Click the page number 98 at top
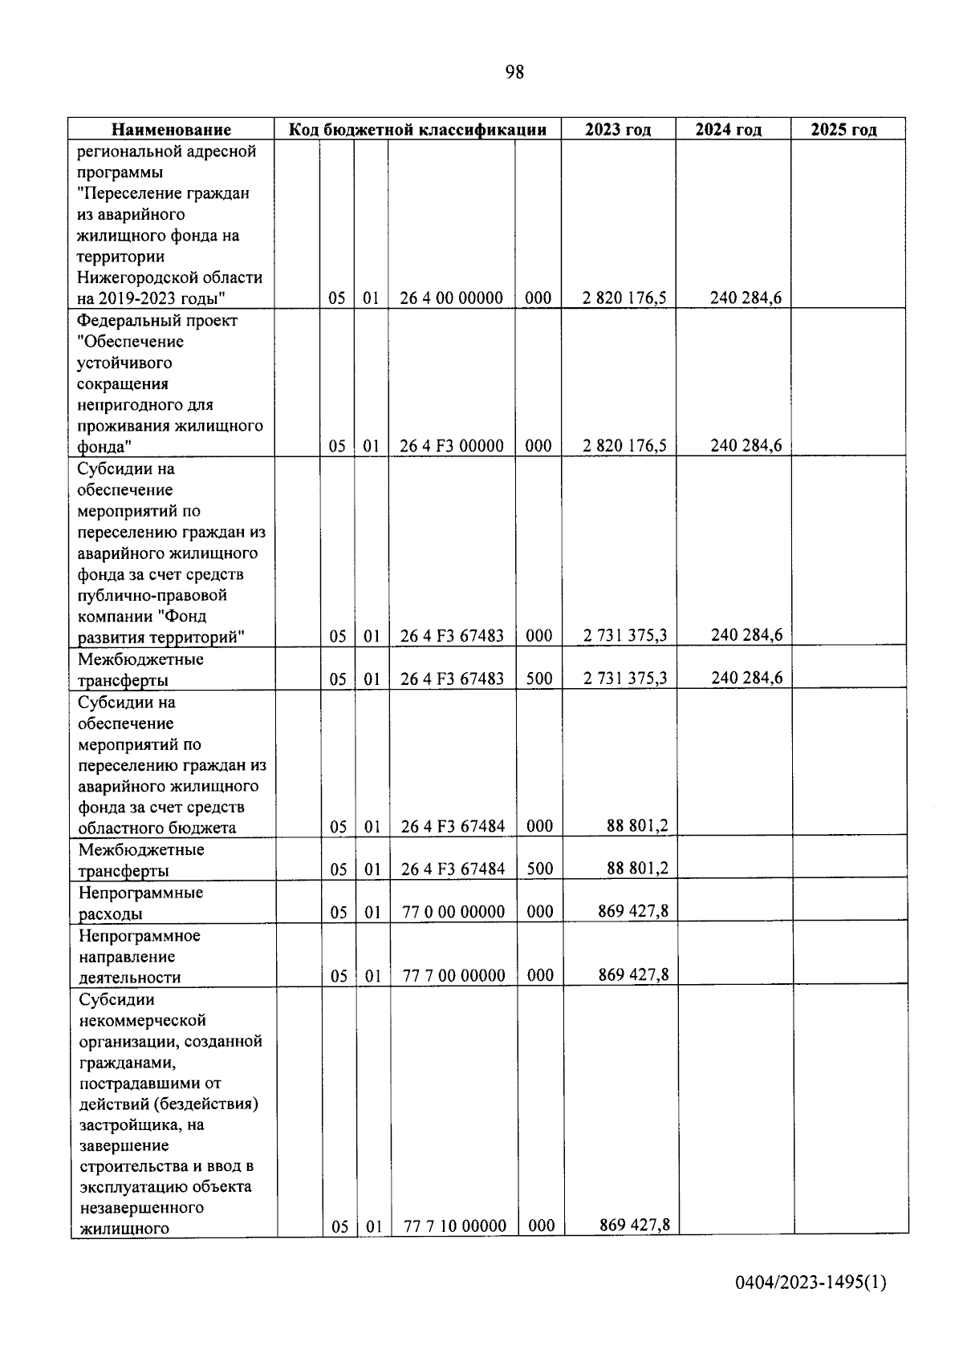coord(514,72)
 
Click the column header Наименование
coord(171,130)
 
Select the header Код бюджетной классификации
coord(417,130)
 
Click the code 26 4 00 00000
coord(451,298)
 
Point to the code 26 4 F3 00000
coord(451,446)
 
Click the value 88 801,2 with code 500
coord(637,868)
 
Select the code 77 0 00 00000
coord(453,911)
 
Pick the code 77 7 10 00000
coord(454,1225)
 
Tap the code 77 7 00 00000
coord(453,975)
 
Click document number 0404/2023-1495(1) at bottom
coord(811,1283)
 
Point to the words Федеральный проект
coord(157,321)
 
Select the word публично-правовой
coord(152,595)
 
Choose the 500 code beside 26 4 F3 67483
coord(539,678)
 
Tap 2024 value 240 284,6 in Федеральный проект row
coord(746,446)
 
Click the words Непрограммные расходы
coord(140,903)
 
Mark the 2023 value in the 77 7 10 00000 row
coord(634,1225)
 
